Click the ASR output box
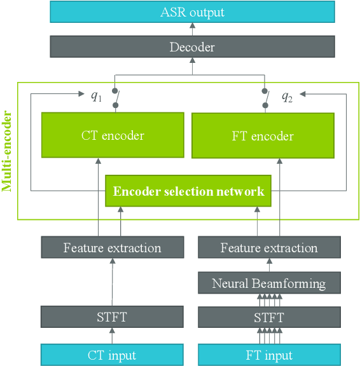(x=192, y=12)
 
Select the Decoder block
(x=192, y=47)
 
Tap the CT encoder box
(x=113, y=135)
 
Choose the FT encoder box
(x=263, y=136)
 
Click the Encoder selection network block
(x=188, y=191)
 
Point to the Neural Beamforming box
(x=268, y=283)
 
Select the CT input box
(x=112, y=355)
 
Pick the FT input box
(x=268, y=355)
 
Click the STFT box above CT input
(x=112, y=316)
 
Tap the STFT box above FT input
(x=268, y=316)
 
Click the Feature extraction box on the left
(x=112, y=248)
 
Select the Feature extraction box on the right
(x=268, y=248)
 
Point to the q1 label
(x=95, y=96)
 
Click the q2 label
(x=287, y=97)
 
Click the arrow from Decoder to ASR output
(x=192, y=29)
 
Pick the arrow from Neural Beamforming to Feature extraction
(x=268, y=266)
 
